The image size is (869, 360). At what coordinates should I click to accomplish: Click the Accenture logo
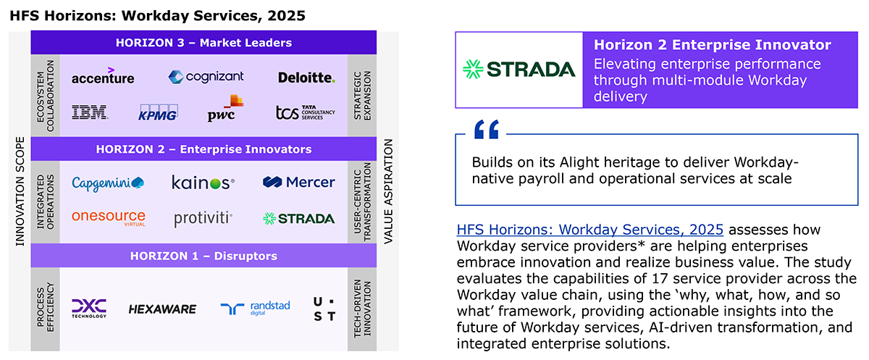pyautogui.click(x=103, y=76)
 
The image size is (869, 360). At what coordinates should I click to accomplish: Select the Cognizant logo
pyautogui.click(x=206, y=77)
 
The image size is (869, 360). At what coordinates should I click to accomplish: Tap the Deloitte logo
pyautogui.click(x=306, y=78)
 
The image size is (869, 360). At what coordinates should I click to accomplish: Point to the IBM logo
pyautogui.click(x=90, y=112)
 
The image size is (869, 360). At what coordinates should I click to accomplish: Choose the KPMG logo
pyautogui.click(x=158, y=113)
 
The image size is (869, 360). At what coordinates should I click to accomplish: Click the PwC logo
pyautogui.click(x=225, y=108)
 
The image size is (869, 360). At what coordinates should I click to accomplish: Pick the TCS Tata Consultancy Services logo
pyautogui.click(x=306, y=112)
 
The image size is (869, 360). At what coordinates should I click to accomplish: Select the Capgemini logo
pyautogui.click(x=108, y=183)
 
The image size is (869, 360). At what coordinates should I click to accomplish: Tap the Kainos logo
pyautogui.click(x=203, y=183)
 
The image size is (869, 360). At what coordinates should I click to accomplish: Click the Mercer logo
pyautogui.click(x=298, y=182)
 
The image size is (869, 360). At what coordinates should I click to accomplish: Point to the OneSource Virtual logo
pyautogui.click(x=109, y=217)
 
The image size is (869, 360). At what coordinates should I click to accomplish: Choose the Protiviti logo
pyautogui.click(x=203, y=219)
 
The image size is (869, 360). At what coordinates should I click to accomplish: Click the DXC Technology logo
pyautogui.click(x=89, y=309)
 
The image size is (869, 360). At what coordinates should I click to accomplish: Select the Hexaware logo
pyautogui.click(x=162, y=309)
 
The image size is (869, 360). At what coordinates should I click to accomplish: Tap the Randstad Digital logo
pyautogui.click(x=255, y=308)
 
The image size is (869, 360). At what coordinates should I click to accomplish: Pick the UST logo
pyautogui.click(x=324, y=309)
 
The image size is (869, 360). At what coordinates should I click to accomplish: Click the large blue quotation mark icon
pyautogui.click(x=487, y=129)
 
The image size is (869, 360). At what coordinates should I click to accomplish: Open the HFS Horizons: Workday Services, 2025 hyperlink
pyautogui.click(x=589, y=230)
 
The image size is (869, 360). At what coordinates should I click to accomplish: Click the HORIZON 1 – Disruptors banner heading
pyautogui.click(x=203, y=256)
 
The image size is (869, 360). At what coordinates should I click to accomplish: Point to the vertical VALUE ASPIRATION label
pyautogui.click(x=388, y=191)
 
